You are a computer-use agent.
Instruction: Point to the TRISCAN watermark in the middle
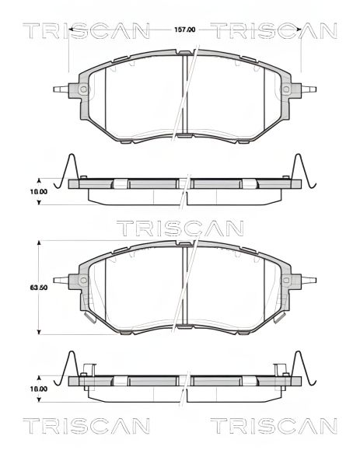(x=180, y=228)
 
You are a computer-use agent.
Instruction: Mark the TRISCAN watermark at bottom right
(x=274, y=427)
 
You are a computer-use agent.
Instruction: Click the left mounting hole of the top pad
(x=82, y=90)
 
